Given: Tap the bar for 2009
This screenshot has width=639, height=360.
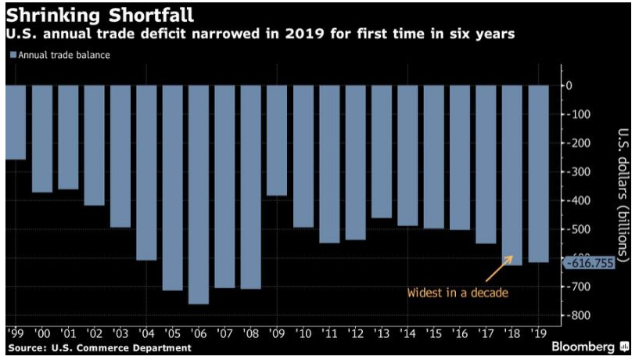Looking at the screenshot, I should (x=277, y=140).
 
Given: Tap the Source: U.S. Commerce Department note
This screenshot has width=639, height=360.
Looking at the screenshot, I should (x=99, y=347).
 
